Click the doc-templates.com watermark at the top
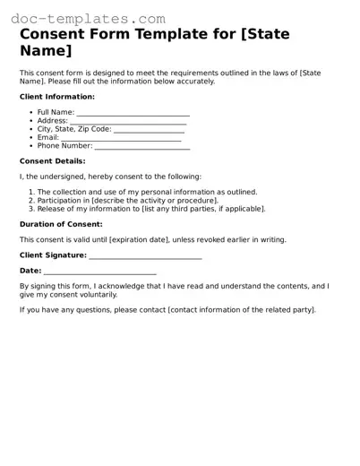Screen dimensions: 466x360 [84, 17]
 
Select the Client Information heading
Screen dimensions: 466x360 [56, 96]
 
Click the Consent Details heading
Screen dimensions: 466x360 [53, 161]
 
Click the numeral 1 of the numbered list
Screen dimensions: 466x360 [30, 192]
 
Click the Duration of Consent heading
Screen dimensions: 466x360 [61, 224]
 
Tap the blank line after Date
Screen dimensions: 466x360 [100, 271]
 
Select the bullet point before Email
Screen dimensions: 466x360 [31, 137]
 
